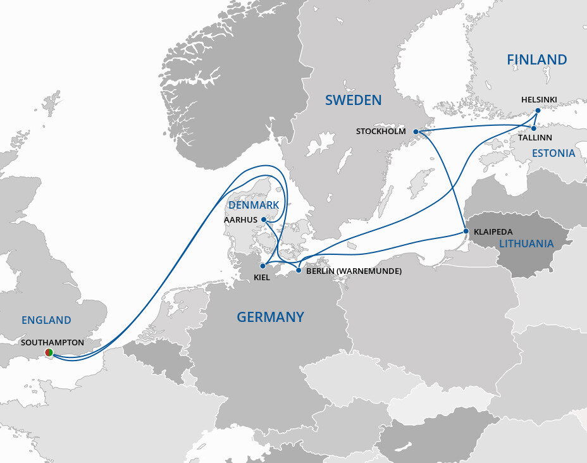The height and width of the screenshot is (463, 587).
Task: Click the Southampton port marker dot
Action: pyautogui.click(x=49, y=352)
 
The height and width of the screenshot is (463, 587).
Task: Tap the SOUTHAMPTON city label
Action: pyautogui.click(x=53, y=342)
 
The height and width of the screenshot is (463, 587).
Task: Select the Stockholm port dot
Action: pyautogui.click(x=416, y=132)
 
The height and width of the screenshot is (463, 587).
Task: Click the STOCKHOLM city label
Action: pyautogui.click(x=381, y=132)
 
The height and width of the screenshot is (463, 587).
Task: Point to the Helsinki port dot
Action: pyautogui.click(x=538, y=111)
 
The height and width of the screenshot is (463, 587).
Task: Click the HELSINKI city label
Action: pyautogui.click(x=539, y=100)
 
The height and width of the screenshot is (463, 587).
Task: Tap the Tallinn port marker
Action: pyautogui.click(x=534, y=128)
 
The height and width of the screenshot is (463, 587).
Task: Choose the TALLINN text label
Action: pyautogui.click(x=535, y=138)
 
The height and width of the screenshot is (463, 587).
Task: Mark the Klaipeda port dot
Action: pyautogui.click(x=466, y=231)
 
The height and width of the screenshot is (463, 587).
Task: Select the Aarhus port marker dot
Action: pyautogui.click(x=264, y=220)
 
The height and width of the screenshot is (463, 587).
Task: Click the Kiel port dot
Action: pyautogui.click(x=263, y=266)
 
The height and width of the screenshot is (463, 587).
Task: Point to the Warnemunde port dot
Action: pyautogui.click(x=299, y=271)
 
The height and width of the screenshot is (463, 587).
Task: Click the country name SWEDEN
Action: pyautogui.click(x=354, y=100)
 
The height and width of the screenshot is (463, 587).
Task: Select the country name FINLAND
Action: pyautogui.click(x=536, y=59)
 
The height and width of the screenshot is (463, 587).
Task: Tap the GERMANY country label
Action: pyautogui.click(x=270, y=317)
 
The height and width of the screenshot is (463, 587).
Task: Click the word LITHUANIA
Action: pyautogui.click(x=526, y=244)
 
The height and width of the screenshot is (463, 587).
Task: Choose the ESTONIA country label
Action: pyautogui.click(x=553, y=153)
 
